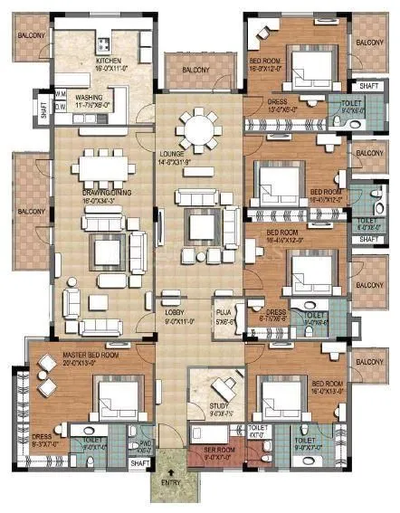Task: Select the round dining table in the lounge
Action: (x=195, y=129)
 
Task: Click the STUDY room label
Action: (x=218, y=406)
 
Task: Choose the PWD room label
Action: (x=145, y=443)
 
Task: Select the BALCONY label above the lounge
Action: (x=195, y=70)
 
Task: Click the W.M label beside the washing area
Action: (x=62, y=93)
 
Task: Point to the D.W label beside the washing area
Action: (x=62, y=106)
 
